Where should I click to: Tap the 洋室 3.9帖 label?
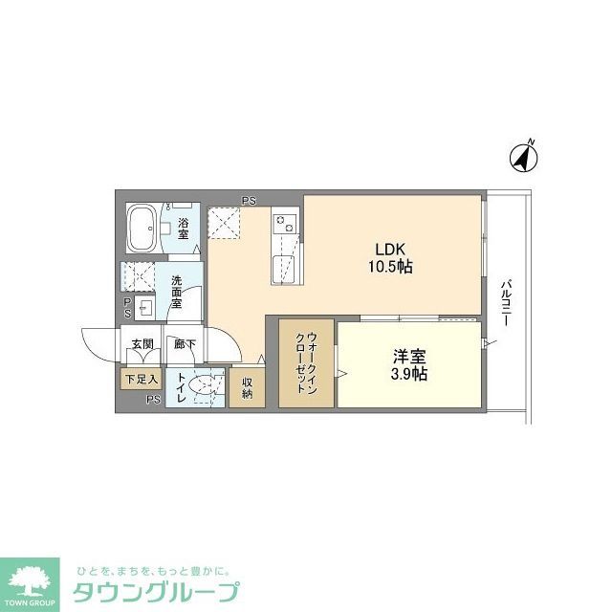[x=408, y=364]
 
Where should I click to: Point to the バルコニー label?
[x=504, y=304]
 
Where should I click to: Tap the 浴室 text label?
[x=182, y=229]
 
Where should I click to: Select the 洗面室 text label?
[x=177, y=292]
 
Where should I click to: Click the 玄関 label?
[x=142, y=343]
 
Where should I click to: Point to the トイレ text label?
[x=180, y=387]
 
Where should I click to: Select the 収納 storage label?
[x=247, y=387]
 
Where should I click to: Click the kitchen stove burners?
[x=285, y=224]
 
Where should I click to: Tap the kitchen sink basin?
[x=283, y=267]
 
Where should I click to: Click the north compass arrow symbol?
[x=524, y=156]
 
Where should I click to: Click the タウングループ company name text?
[x=153, y=591]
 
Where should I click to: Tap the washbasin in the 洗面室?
[x=145, y=307]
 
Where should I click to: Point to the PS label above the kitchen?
[x=249, y=200]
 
